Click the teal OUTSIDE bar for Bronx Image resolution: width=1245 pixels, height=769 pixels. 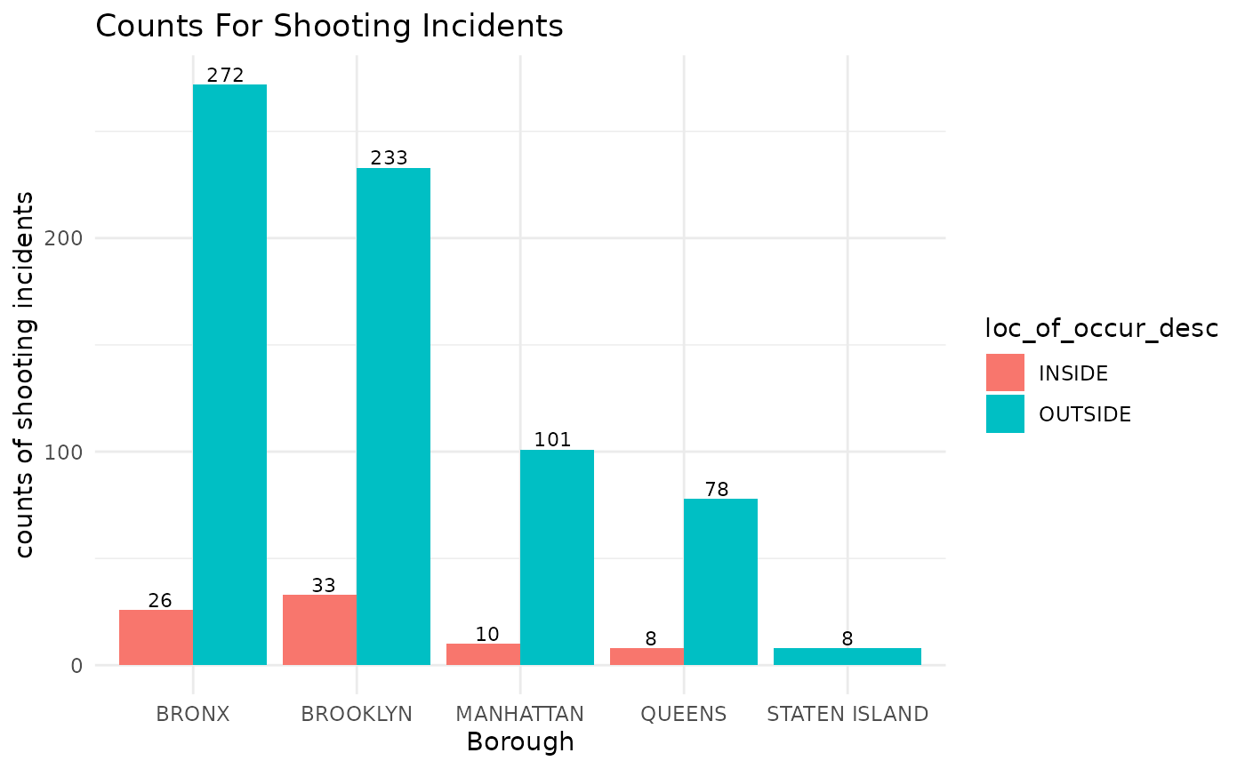[229, 373]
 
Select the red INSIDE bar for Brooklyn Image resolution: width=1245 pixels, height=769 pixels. [319, 629]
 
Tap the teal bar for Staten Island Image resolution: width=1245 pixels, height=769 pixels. [847, 656]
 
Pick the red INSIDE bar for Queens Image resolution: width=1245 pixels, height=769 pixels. [647, 656]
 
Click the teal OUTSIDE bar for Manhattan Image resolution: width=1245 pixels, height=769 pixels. [557, 557]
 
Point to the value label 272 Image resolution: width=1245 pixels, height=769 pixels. [225, 76]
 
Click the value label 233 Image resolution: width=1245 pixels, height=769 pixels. [389, 158]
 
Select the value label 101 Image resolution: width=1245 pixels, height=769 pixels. [552, 439]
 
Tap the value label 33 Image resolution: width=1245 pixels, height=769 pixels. [324, 586]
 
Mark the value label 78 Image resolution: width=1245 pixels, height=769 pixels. [717, 489]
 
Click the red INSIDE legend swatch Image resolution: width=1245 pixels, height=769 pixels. [1005, 372]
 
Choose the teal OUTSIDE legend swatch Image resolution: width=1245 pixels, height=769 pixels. [1005, 413]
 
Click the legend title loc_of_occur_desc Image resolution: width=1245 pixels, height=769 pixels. [1101, 328]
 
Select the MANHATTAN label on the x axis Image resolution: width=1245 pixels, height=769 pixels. [519, 713]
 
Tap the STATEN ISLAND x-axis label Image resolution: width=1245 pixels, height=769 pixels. [847, 713]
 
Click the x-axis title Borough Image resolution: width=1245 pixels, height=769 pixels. [520, 741]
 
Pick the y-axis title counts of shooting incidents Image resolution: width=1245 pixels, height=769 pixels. [27, 373]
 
